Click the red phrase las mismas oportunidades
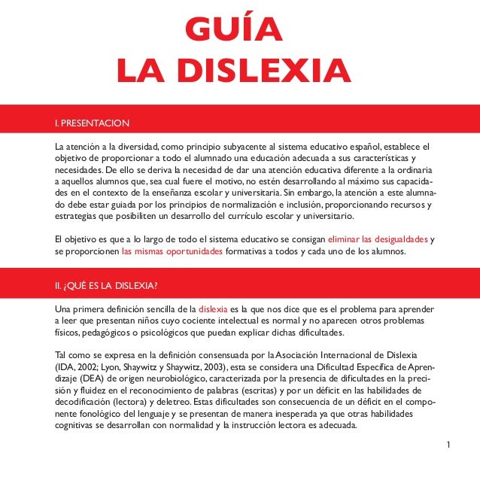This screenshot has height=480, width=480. pyautogui.click(x=172, y=252)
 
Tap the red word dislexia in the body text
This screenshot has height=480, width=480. pyautogui.click(x=212, y=309)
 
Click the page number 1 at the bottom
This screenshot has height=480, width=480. pyautogui.click(x=448, y=445)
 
